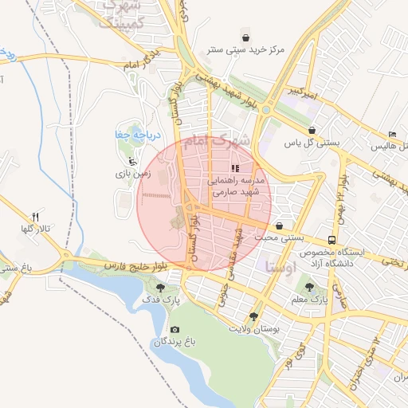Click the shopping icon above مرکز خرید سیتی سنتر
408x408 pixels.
[x=246, y=37]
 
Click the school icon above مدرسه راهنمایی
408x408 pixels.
[x=234, y=168]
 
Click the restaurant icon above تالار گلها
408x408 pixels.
[x=35, y=217]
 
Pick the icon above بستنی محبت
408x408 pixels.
[x=279, y=226]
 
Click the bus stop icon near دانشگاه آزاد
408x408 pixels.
[x=331, y=240]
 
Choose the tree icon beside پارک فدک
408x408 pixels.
[x=162, y=288]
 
